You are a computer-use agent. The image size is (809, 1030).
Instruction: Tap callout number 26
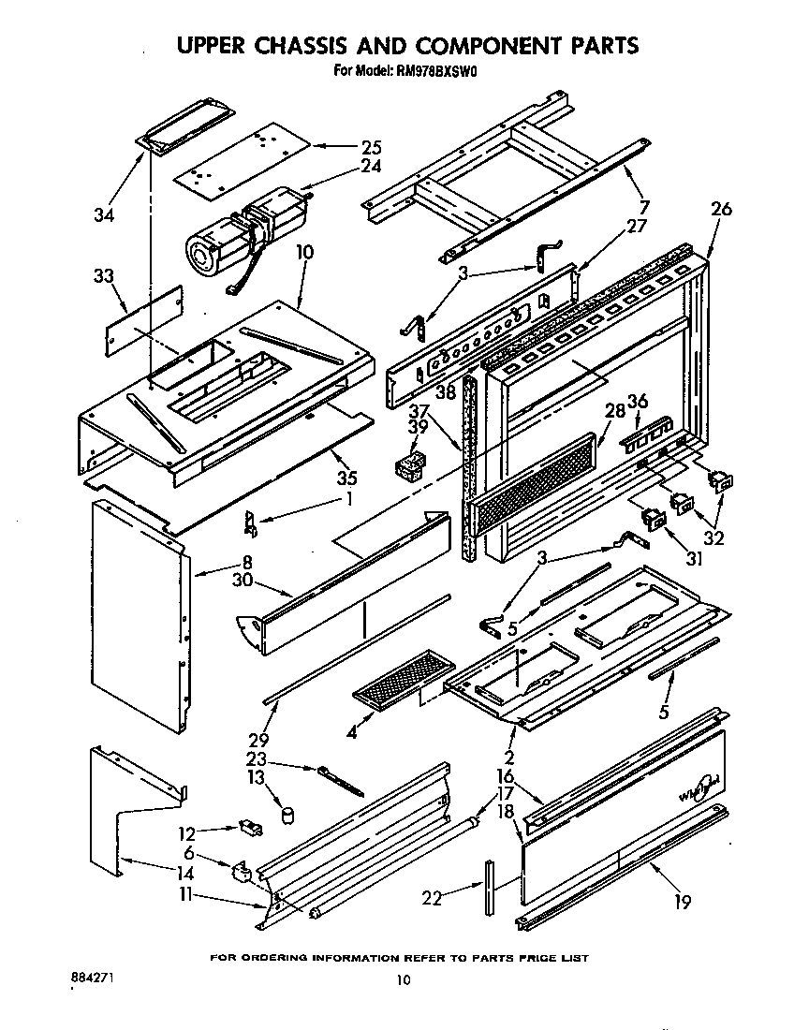(x=721, y=210)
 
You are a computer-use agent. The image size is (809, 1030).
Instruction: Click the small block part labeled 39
(x=407, y=463)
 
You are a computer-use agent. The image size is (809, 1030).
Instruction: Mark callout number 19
(x=682, y=902)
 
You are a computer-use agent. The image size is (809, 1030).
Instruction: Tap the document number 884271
(x=94, y=976)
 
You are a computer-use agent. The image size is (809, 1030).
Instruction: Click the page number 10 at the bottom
(x=403, y=980)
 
